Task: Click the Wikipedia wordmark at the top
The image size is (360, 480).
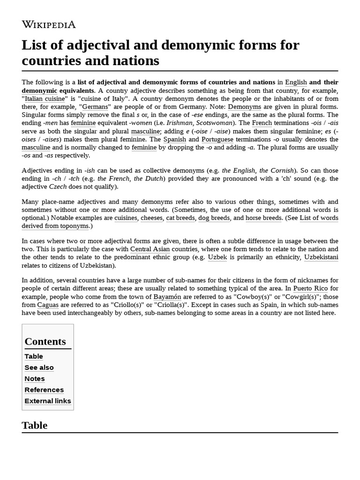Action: [x=49, y=25]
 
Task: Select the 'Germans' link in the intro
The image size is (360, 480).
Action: [x=96, y=106]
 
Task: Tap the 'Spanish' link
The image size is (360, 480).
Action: [x=175, y=139]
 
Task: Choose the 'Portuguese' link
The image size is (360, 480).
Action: [x=217, y=139]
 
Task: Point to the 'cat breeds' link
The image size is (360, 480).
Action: [x=180, y=218]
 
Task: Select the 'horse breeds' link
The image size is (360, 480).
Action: [x=263, y=218]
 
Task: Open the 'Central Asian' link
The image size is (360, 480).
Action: [x=150, y=249]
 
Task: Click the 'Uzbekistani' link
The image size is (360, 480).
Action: [x=321, y=257]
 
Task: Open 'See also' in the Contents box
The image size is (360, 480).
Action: [x=39, y=367]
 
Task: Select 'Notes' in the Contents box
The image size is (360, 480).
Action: [x=35, y=379]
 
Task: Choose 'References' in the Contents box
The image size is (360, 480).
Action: [x=44, y=390]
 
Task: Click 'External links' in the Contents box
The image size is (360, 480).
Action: [x=48, y=401]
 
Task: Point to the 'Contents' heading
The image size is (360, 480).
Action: [x=45, y=341]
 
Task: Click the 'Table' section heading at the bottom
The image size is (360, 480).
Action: [x=34, y=425]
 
